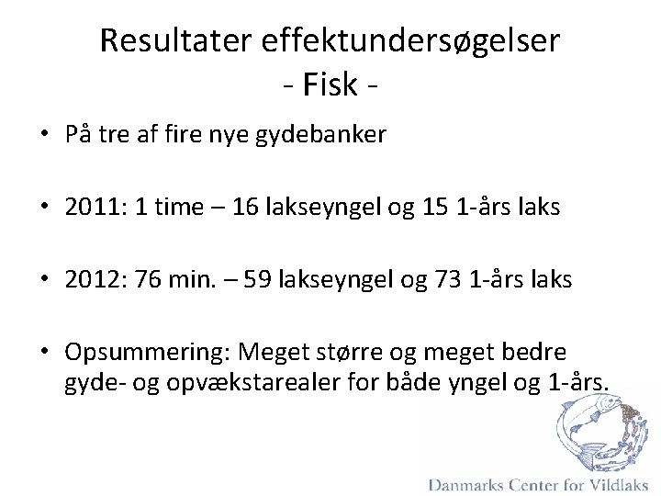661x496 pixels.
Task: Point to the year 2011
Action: point(87,208)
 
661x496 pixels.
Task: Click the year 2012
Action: point(87,279)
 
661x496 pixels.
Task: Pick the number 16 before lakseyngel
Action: point(245,208)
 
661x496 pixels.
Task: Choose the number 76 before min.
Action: point(151,279)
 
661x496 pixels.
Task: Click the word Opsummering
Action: point(146,353)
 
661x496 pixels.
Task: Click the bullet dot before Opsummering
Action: point(45,353)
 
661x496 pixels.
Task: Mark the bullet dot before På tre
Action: point(45,136)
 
